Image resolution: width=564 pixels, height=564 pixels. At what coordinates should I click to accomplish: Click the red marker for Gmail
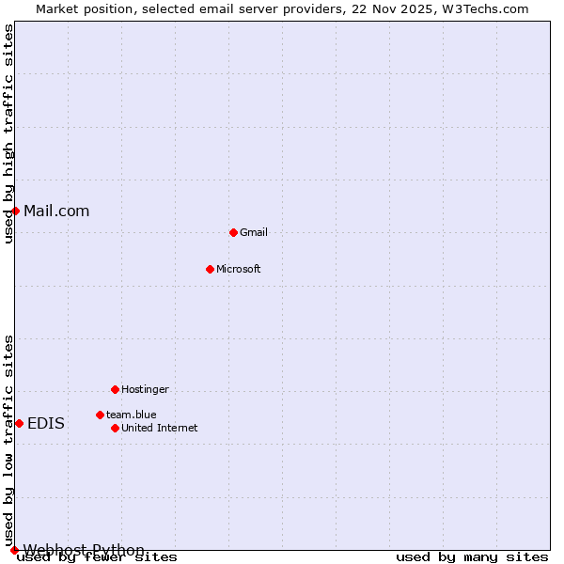pyautogui.click(x=233, y=232)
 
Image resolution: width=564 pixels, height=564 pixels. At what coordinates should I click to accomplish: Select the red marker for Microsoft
pyautogui.click(x=210, y=269)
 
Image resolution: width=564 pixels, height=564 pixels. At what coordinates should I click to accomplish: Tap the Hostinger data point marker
pyautogui.click(x=115, y=389)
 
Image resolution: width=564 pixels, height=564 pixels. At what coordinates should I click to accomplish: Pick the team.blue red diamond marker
pyautogui.click(x=100, y=415)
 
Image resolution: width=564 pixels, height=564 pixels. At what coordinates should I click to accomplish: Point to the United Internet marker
pyautogui.click(x=115, y=428)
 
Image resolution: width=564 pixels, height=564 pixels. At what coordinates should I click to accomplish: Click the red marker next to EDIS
pyautogui.click(x=19, y=423)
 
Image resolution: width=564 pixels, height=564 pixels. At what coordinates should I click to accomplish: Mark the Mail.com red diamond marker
pyautogui.click(x=16, y=211)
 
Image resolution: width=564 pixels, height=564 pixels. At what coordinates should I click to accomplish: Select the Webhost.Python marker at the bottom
pyautogui.click(x=14, y=550)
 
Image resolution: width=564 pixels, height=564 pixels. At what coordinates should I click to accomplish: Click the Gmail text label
pyautogui.click(x=254, y=232)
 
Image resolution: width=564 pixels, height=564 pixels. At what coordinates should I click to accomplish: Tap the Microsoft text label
pyautogui.click(x=239, y=269)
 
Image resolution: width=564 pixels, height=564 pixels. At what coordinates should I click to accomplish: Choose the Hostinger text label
pyautogui.click(x=145, y=389)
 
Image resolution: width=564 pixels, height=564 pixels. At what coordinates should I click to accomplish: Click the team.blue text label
pyautogui.click(x=132, y=415)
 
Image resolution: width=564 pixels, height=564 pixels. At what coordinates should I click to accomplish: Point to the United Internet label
pyautogui.click(x=160, y=428)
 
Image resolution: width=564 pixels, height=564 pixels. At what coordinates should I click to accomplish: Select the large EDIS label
pyautogui.click(x=46, y=423)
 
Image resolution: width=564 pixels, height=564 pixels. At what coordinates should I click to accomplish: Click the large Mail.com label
pyautogui.click(x=56, y=211)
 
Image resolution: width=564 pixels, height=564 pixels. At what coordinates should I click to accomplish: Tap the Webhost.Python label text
pyautogui.click(x=84, y=549)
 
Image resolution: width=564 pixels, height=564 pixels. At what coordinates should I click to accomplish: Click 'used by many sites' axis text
pyautogui.click(x=472, y=557)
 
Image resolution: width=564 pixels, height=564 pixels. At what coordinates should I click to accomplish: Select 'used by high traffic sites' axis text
pyautogui.click(x=8, y=133)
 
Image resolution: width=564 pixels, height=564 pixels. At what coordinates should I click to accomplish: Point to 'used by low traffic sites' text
pyautogui.click(x=8, y=440)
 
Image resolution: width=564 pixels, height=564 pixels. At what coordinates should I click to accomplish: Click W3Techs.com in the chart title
pyautogui.click(x=485, y=8)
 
